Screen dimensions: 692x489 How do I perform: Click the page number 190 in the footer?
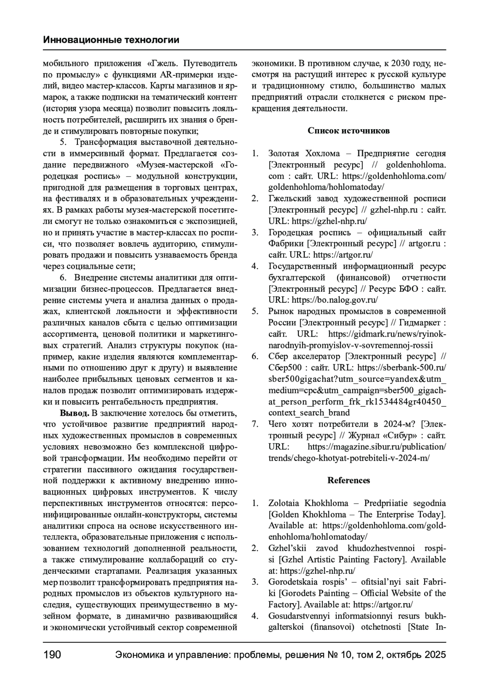pyautogui.click(x=52, y=655)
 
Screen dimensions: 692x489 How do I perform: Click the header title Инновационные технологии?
pyautogui.click(x=111, y=40)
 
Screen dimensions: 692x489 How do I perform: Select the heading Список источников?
pyautogui.click(x=348, y=131)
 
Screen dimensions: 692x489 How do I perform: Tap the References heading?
pyautogui.click(x=348, y=480)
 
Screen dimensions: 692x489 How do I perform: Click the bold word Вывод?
pyautogui.click(x=75, y=413)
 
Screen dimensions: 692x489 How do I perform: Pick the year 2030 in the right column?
pyautogui.click(x=403, y=64)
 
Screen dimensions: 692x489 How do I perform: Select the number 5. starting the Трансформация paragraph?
pyautogui.click(x=63, y=142)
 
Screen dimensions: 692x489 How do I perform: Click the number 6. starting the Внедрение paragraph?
pyautogui.click(x=63, y=278)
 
